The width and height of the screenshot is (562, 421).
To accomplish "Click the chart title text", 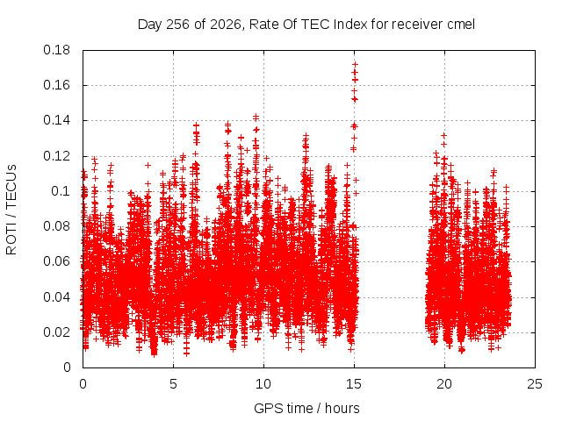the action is [306, 25].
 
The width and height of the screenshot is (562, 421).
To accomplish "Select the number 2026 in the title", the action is [226, 25].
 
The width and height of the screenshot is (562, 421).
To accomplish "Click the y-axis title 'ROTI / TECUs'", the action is [11, 210].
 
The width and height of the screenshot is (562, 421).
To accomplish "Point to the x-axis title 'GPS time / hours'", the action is [306, 408].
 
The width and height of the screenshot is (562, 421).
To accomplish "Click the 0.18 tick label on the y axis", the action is [56, 50].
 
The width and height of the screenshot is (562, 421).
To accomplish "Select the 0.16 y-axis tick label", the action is [56, 85].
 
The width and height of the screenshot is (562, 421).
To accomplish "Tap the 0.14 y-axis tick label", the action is [56, 120].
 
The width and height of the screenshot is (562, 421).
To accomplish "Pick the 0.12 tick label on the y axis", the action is [56, 156].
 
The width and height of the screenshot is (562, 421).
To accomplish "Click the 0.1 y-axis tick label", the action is [61, 191].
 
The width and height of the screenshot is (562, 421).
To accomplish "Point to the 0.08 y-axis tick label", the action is [56, 226].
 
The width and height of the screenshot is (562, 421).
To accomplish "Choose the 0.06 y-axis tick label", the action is [56, 261].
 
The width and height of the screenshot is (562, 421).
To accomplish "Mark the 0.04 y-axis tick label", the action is [56, 297].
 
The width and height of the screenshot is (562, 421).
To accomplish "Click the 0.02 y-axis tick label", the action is [56, 332].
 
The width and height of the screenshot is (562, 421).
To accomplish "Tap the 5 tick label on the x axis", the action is [174, 384].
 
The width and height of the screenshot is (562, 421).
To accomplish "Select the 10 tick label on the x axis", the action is [263, 384].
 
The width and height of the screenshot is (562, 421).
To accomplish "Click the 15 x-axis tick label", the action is [354, 384].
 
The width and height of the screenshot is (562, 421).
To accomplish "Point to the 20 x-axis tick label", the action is [444, 384].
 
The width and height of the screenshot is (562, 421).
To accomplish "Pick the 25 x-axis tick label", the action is [535, 384].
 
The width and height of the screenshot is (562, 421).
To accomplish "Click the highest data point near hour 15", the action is [355, 64].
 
